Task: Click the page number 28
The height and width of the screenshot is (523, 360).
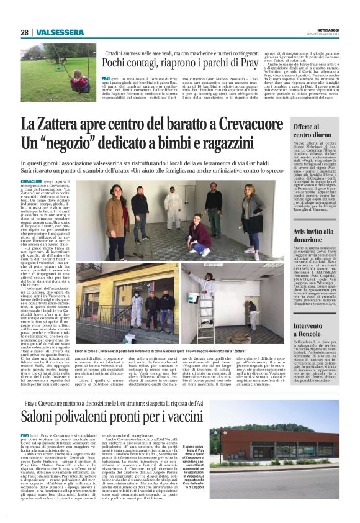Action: click(24, 32)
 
